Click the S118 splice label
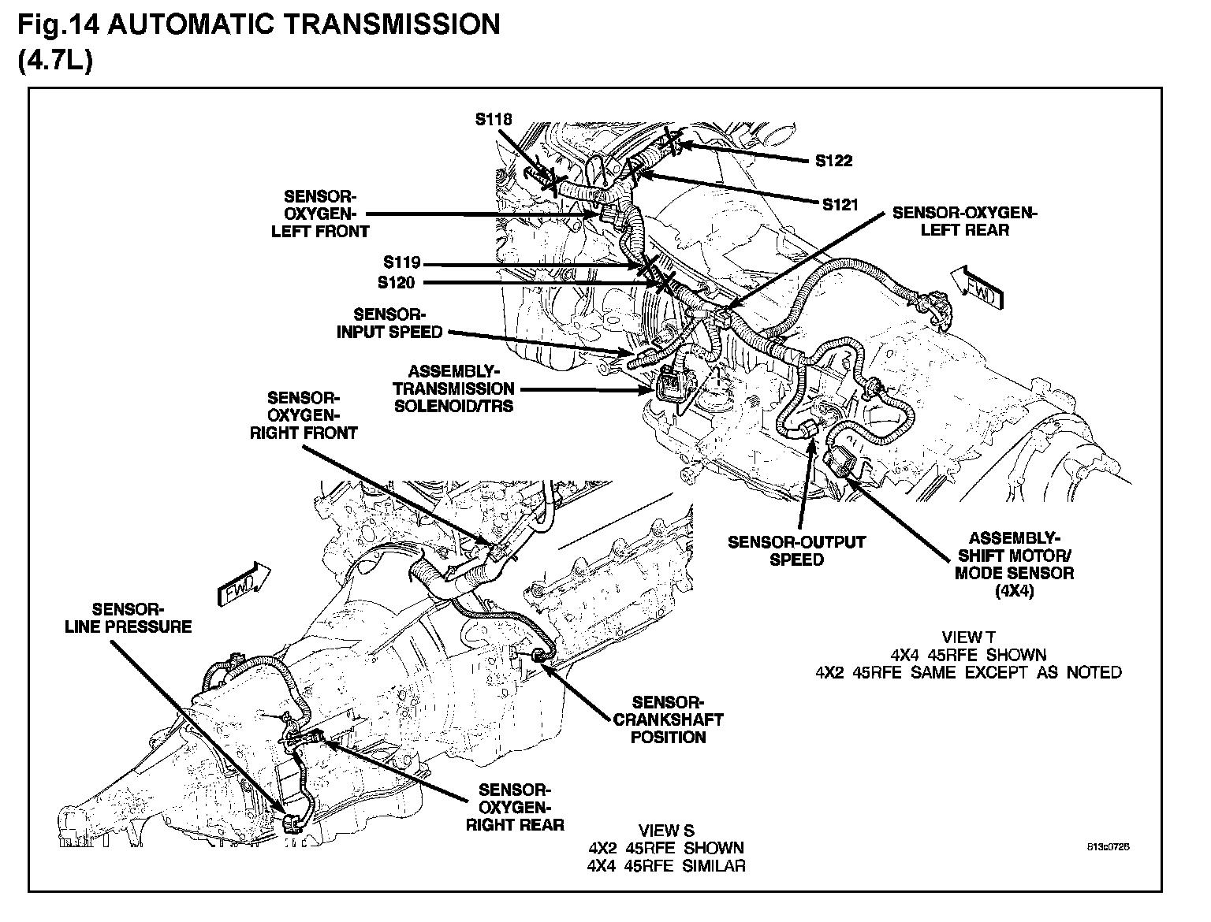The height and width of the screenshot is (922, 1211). point(494,120)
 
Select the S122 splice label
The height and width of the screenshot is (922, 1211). point(833,161)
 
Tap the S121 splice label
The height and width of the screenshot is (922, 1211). point(840,205)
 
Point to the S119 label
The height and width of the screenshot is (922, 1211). point(403,263)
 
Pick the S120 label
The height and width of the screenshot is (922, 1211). point(397,282)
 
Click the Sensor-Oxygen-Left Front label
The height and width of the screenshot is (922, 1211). point(320,214)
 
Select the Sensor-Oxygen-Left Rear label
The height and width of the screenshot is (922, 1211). point(964,221)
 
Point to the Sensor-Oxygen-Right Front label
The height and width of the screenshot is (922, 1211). point(303,415)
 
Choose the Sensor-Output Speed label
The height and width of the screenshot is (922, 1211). point(796,551)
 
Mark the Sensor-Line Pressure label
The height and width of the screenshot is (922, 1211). point(141,618)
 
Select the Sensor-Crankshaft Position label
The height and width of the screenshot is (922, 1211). point(668,719)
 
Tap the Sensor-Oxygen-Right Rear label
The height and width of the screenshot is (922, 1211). point(515,807)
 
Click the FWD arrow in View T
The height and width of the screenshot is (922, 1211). point(977,288)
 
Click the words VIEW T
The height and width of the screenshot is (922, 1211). point(968,637)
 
